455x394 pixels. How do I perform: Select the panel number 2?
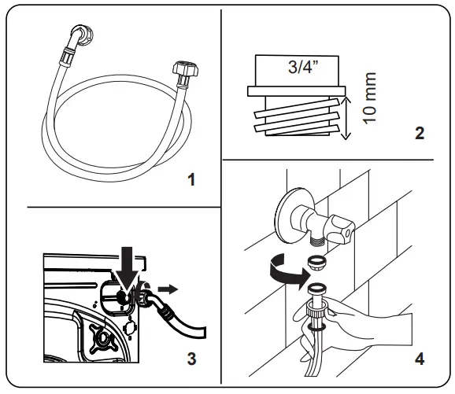click(x=419, y=132)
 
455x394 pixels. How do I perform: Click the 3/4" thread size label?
click(x=302, y=69)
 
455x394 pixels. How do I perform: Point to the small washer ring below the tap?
click(x=317, y=260)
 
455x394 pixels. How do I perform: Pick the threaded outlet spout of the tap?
click(x=319, y=234)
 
